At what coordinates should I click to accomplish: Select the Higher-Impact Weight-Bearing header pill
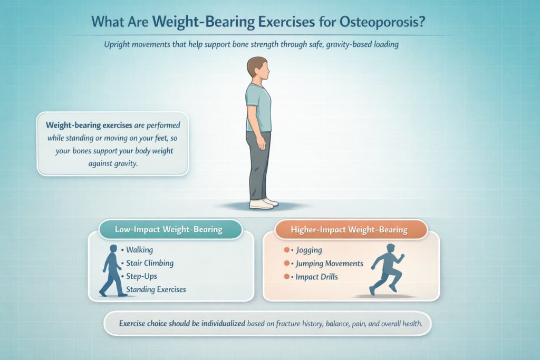click(350, 230)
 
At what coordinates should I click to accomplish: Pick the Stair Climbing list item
click(150, 263)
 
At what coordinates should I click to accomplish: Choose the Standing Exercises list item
click(156, 289)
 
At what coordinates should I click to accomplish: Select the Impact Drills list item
click(317, 276)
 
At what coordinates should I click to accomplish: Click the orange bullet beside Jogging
click(287, 250)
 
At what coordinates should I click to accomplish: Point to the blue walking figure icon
click(112, 270)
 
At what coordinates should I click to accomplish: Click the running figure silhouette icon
click(387, 269)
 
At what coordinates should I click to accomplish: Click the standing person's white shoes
click(262, 203)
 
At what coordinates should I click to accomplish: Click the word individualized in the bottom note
click(221, 323)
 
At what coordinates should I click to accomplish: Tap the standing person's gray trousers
click(259, 163)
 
